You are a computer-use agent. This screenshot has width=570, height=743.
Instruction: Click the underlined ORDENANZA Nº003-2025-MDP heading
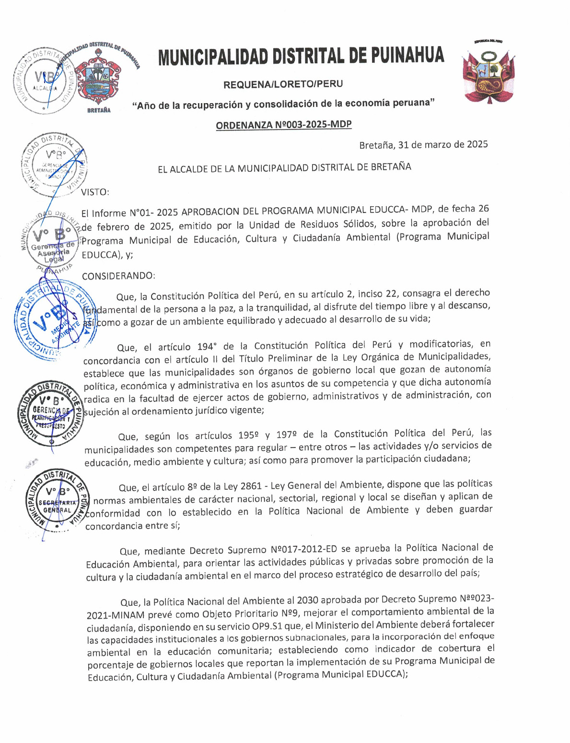(283, 125)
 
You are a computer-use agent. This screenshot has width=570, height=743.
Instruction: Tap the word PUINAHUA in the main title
(407, 56)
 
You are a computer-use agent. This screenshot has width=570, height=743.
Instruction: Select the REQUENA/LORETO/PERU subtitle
(283, 84)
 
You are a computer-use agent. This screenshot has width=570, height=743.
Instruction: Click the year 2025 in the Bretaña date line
(477, 144)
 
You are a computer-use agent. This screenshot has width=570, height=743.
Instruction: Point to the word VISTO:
(95, 192)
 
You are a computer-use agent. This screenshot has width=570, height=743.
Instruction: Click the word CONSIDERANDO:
(118, 276)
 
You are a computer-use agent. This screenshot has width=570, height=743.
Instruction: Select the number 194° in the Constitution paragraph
(208, 346)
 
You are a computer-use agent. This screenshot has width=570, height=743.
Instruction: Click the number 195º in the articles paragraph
(249, 436)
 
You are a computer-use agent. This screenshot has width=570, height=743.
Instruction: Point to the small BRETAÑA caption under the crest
(99, 110)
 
